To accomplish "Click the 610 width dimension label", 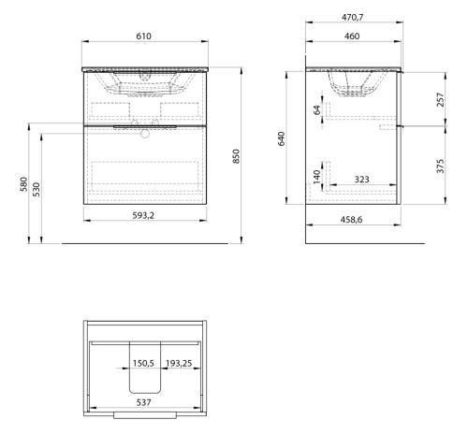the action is pyautogui.click(x=143, y=36).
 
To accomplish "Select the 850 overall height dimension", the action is pyautogui.click(x=236, y=156).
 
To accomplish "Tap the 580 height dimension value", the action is pyautogui.click(x=23, y=184).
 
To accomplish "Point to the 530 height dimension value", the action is pyautogui.click(x=37, y=189).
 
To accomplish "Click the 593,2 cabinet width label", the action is pyautogui.click(x=143, y=215).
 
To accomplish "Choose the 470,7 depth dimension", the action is pyautogui.click(x=353, y=17).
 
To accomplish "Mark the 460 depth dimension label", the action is pyautogui.click(x=352, y=36).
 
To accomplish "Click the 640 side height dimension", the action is pyautogui.click(x=281, y=138).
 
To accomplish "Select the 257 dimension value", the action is pyautogui.click(x=440, y=99).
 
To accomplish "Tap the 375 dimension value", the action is pyautogui.click(x=440, y=166).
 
